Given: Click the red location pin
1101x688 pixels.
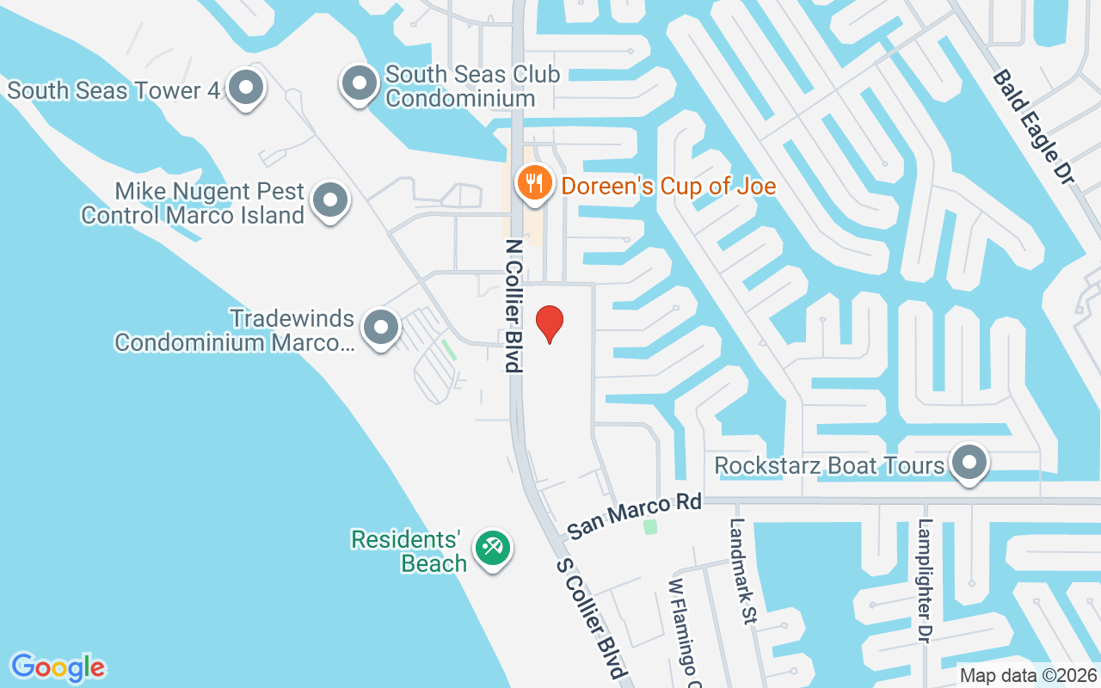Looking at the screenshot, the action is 550,323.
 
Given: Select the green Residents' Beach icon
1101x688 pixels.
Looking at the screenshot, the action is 494,547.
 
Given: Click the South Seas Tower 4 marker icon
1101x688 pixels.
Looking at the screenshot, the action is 248,86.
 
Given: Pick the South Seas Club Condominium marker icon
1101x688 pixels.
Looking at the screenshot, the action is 360,83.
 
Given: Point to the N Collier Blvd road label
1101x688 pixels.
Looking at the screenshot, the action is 514,305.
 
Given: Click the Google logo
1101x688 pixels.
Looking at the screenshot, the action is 58,667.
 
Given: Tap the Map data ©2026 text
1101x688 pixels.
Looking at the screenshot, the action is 1029,675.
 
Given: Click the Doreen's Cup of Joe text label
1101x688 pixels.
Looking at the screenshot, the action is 668,186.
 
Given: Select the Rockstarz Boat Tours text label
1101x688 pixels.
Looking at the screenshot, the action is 830,465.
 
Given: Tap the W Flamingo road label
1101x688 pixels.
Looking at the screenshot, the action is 683,632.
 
